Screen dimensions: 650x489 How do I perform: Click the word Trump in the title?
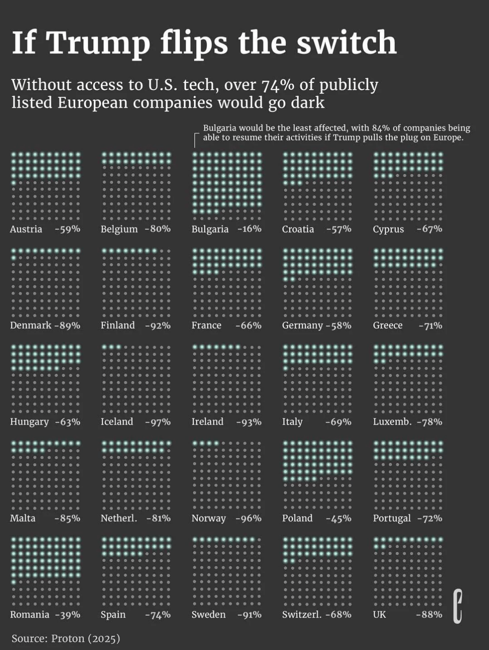click(x=98, y=43)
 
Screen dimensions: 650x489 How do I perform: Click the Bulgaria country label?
click(x=210, y=229)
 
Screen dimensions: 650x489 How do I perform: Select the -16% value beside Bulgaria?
click(x=249, y=229)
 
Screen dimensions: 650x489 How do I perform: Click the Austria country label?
click(x=26, y=229)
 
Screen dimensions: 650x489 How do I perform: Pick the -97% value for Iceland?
click(x=158, y=422)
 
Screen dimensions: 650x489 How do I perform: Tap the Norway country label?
click(x=208, y=518)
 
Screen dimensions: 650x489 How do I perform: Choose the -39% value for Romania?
click(x=68, y=615)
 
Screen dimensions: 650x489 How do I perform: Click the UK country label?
click(x=379, y=615)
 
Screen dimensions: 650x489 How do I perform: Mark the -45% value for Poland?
click(x=339, y=518)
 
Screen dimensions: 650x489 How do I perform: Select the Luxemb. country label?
click(x=392, y=422)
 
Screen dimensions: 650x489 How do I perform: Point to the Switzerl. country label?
click(x=302, y=615)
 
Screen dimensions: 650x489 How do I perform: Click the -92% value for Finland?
click(x=158, y=325)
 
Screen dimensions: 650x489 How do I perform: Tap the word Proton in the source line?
click(x=67, y=639)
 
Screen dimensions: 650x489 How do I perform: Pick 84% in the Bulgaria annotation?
click(x=381, y=128)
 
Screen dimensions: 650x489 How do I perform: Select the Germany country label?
click(x=302, y=325)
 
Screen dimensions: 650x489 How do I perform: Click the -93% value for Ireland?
click(x=249, y=422)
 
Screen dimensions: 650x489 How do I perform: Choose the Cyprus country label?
click(x=388, y=229)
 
